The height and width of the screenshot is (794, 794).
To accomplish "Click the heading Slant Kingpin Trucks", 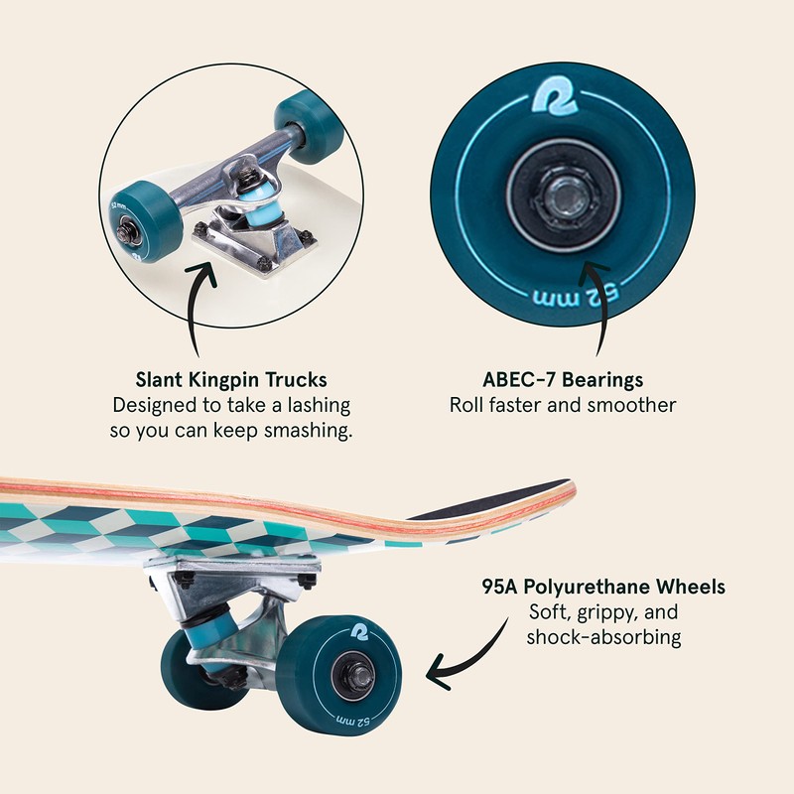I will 231,380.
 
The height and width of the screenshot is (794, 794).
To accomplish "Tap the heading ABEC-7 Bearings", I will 562,380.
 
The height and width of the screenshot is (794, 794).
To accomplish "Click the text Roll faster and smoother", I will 562,405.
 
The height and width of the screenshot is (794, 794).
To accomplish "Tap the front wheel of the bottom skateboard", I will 341,675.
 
